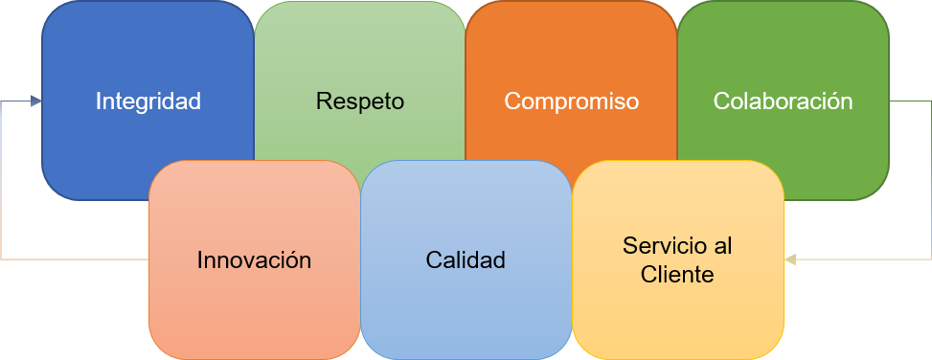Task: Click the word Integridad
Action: tap(148, 101)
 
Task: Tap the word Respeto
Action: tap(360, 101)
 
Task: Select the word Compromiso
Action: tap(572, 101)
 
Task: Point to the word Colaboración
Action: tap(784, 101)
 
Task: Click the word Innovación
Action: tap(254, 260)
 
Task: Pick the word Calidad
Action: tap(466, 260)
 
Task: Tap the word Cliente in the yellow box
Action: tap(677, 275)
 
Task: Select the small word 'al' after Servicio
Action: tap(723, 245)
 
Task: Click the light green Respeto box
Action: tap(360, 48)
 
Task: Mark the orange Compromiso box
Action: tap(572, 48)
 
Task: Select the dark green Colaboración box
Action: tap(784, 48)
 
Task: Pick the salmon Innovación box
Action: tap(254, 316)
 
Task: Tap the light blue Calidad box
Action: tap(466, 316)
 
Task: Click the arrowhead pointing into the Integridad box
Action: tap(35, 101)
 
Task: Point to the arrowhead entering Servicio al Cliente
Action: tap(790, 259)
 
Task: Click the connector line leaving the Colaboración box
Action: tap(910, 101)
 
